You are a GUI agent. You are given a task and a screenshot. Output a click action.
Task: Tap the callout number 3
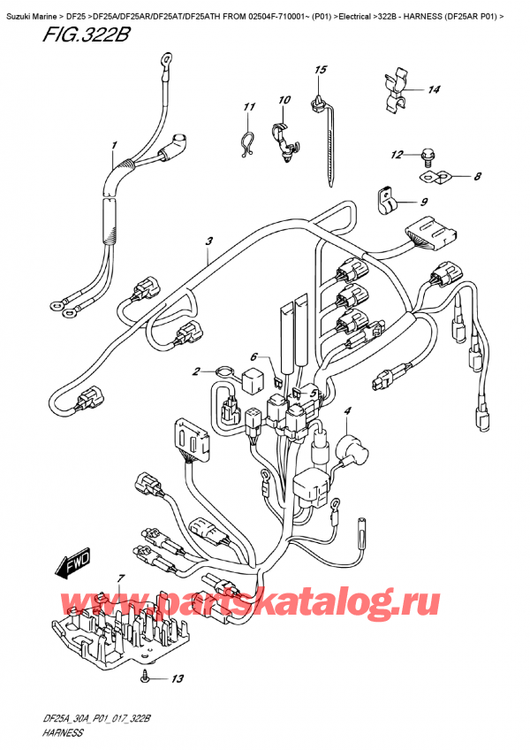pyautogui.click(x=208, y=241)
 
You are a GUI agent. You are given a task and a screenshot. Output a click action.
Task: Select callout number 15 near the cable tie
pyautogui.click(x=321, y=70)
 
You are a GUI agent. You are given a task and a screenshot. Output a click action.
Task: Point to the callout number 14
pyautogui.click(x=434, y=89)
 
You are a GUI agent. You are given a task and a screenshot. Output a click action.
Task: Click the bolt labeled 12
pyautogui.click(x=428, y=157)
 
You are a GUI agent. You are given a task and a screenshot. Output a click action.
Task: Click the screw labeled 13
pyautogui.click(x=146, y=677)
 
